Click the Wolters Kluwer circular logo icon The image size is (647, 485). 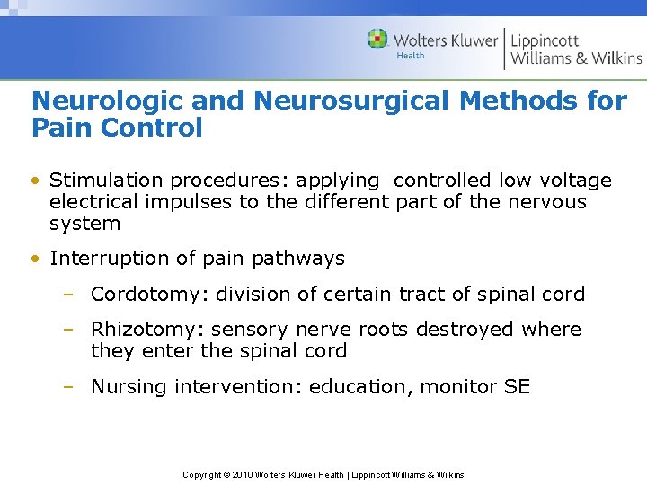tap(377, 40)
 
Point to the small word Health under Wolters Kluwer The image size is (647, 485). tap(411, 57)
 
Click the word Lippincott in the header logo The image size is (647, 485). tap(545, 40)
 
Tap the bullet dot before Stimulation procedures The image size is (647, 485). tap(34, 181)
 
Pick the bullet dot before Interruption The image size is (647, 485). tap(34, 260)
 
